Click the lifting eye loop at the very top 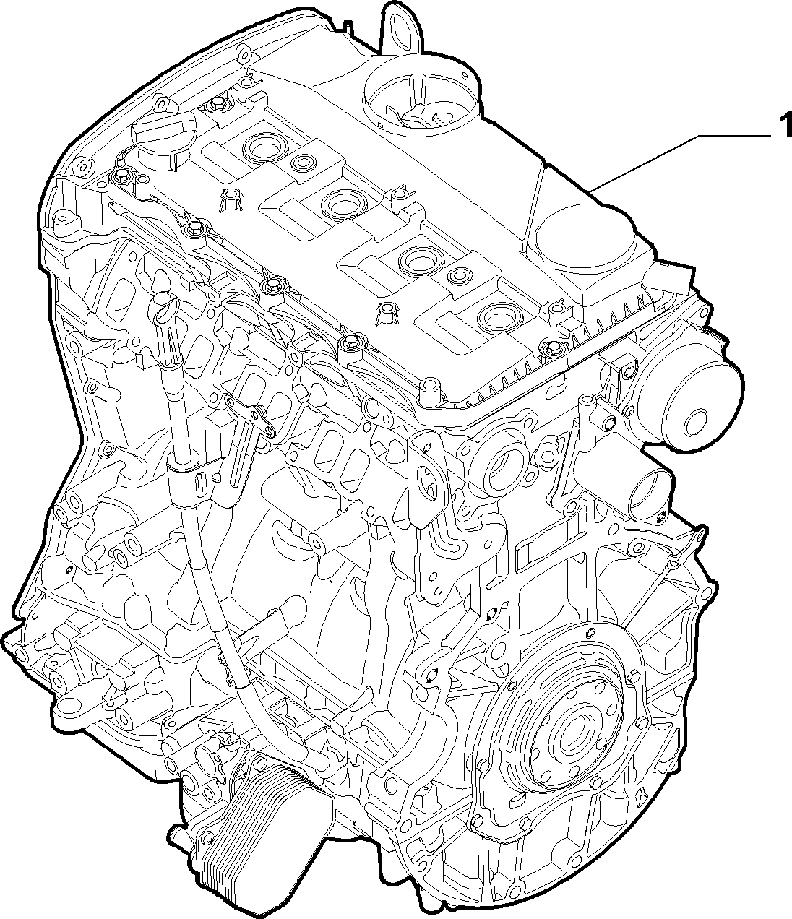pyautogui.click(x=403, y=29)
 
